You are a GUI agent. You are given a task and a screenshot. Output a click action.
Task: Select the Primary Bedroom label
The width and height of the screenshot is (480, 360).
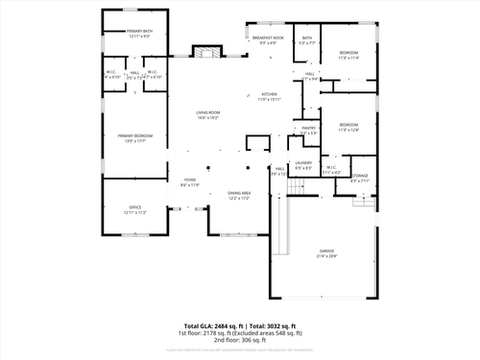(138, 138)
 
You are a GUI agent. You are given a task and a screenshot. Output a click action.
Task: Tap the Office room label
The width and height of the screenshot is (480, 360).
(134, 209)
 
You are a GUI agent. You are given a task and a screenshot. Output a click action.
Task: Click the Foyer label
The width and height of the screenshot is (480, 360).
(190, 182)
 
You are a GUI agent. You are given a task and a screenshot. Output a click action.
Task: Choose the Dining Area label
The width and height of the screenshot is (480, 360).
(239, 195)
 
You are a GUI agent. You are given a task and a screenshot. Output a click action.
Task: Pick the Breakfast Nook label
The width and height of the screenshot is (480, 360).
(268, 40)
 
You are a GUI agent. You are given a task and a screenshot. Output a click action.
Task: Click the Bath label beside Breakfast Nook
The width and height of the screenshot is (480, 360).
(306, 40)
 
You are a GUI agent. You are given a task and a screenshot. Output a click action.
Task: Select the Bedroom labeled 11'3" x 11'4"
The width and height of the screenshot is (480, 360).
(348, 55)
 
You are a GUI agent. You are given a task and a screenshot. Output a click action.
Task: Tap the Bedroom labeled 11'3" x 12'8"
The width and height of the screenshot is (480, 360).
(348, 127)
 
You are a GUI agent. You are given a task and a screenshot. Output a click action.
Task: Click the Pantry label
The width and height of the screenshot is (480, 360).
(308, 130)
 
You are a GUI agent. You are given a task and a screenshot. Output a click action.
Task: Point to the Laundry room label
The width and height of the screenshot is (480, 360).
(303, 165)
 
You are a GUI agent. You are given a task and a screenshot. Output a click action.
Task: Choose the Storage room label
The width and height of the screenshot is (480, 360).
(359, 178)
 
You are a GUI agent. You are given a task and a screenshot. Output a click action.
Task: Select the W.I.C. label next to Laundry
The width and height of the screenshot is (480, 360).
(330, 170)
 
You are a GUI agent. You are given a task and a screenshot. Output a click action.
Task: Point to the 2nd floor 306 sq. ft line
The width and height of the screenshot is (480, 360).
(239, 340)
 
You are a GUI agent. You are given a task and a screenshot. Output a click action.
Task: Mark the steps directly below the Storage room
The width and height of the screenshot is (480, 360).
(363, 201)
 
